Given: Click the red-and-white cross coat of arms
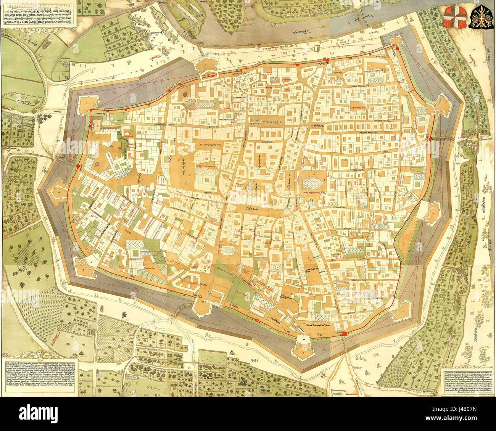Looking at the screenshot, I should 456,18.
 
